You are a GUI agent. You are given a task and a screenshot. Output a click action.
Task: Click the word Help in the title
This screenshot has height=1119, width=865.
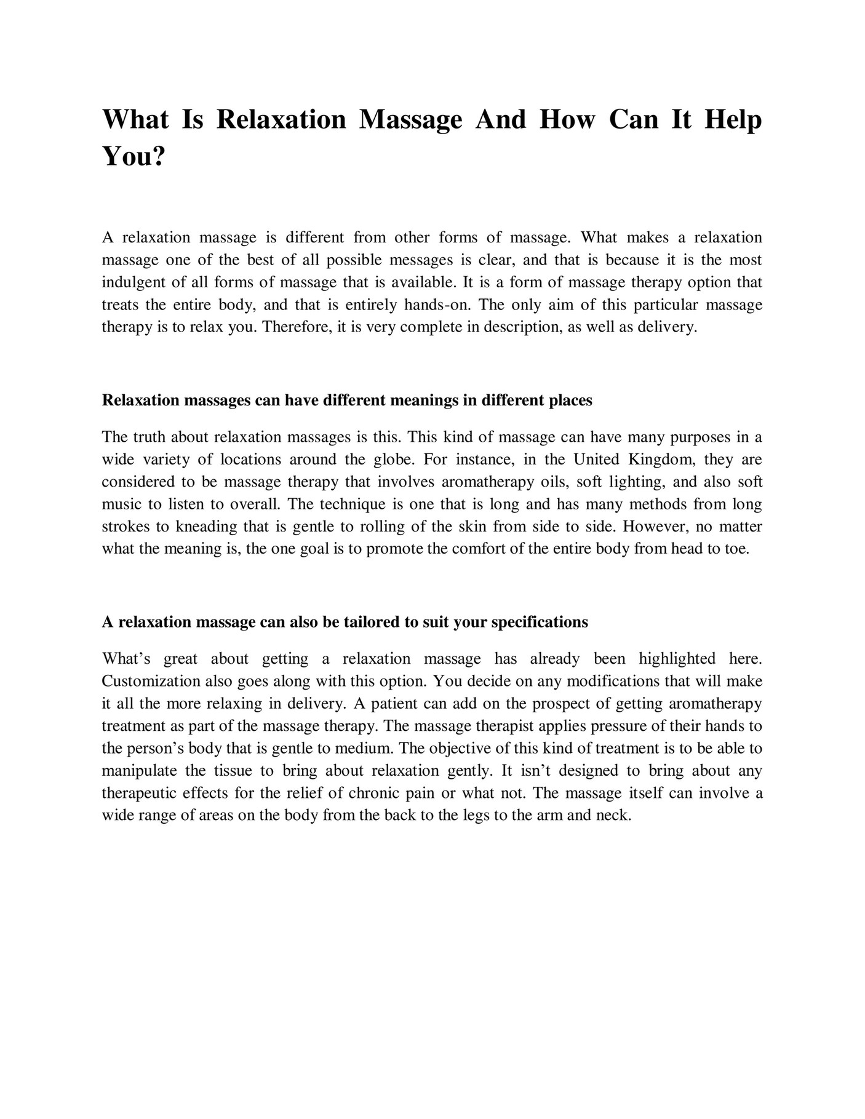coord(733,120)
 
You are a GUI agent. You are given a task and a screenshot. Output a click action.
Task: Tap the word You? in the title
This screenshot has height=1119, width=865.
coord(134,157)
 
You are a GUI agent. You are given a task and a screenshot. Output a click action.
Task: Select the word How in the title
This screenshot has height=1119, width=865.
coord(567,120)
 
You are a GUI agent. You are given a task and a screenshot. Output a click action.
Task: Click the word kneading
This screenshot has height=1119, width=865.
coord(206,527)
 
